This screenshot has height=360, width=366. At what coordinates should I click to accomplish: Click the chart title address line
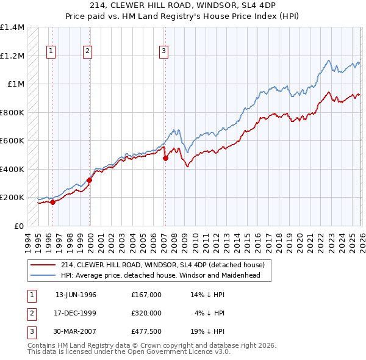click(x=182, y=5)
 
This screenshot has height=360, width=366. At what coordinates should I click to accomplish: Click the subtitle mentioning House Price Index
click(x=182, y=16)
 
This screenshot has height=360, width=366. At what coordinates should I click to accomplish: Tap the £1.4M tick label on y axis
click(x=12, y=27)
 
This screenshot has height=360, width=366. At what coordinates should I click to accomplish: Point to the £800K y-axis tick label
click(x=12, y=112)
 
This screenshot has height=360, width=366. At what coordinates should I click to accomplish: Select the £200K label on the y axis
click(x=12, y=198)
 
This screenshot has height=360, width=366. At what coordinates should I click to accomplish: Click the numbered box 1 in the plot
click(x=50, y=52)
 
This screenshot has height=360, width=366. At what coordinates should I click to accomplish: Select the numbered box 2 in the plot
click(x=88, y=52)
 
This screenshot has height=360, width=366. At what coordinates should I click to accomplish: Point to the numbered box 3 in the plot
click(x=164, y=52)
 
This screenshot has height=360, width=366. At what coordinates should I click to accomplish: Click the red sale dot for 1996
click(x=52, y=203)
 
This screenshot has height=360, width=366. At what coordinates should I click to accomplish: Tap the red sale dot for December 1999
click(x=90, y=181)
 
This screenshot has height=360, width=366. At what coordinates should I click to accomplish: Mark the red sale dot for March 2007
click(x=165, y=158)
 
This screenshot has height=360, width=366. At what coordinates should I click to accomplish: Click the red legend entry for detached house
click(x=162, y=265)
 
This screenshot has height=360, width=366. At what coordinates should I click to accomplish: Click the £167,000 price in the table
click(x=146, y=295)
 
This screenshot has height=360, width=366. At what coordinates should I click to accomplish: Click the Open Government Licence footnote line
click(x=129, y=352)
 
